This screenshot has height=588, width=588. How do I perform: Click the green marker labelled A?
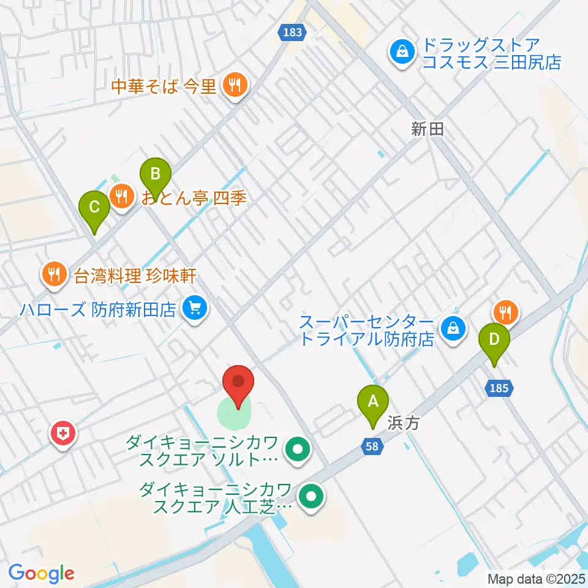pyautogui.click(x=372, y=402)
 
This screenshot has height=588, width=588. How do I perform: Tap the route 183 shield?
pyautogui.click(x=293, y=32)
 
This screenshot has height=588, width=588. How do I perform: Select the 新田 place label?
pyautogui.click(x=427, y=129)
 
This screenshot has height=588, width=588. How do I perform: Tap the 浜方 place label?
pyautogui.click(x=403, y=423)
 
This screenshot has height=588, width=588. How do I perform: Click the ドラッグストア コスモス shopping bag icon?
pyautogui.click(x=402, y=53)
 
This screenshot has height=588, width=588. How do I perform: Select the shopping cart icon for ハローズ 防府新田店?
pyautogui.click(x=195, y=307)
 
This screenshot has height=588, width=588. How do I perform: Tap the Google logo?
pyautogui.click(x=41, y=574)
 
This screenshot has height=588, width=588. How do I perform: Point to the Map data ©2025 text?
pyautogui.click(x=537, y=578)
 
